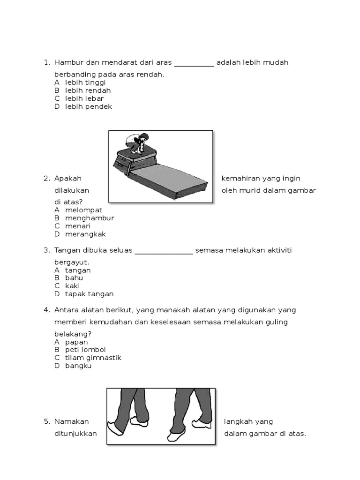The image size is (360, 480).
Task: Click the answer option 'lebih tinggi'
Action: pyautogui.click(x=85, y=82)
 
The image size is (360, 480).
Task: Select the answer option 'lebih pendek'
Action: pyautogui.click(x=88, y=106)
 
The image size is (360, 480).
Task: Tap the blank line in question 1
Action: pyautogui.click(x=194, y=66)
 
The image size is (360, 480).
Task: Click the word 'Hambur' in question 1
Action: pyautogui.click(x=67, y=62)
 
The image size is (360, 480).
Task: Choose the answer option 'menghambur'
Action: pyautogui.click(x=90, y=218)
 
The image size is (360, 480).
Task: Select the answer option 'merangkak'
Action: pyautogui.click(x=86, y=234)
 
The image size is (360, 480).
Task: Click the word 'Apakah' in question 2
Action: pyautogui.click(x=68, y=178)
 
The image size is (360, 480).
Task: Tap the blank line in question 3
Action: pyautogui.click(x=164, y=253)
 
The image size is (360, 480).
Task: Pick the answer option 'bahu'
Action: pyautogui.click(x=74, y=278)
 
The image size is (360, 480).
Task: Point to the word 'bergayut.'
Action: pyautogui.click(x=72, y=262)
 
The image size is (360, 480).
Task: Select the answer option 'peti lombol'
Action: pyautogui.click(x=85, y=350)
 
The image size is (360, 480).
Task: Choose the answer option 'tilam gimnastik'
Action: pyautogui.click(x=93, y=358)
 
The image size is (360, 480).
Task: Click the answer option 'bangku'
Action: pyautogui.click(x=78, y=366)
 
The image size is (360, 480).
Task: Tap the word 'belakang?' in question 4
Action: pyautogui.click(x=73, y=334)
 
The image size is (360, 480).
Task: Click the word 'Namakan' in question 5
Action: pyautogui.click(x=71, y=421)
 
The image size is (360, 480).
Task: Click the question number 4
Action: pyautogui.click(x=46, y=310)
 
